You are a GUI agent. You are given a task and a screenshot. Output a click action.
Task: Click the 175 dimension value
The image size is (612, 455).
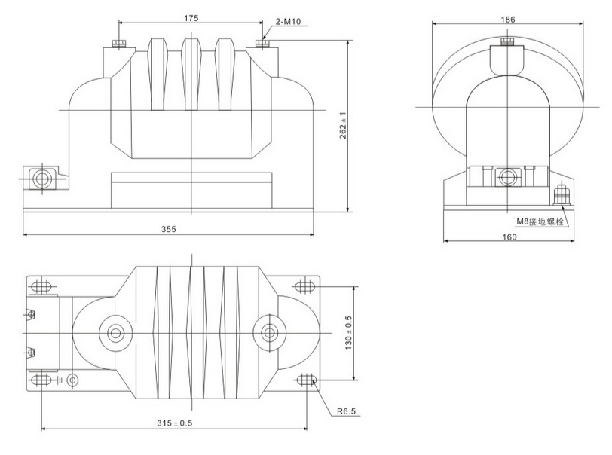[x=191, y=18]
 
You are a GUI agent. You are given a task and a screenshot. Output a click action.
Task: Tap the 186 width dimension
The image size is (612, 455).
[x=509, y=18]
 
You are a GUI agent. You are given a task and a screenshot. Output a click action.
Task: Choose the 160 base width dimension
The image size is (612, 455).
[x=509, y=237]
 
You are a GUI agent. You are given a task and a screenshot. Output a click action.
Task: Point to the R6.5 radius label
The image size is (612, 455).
[x=342, y=413]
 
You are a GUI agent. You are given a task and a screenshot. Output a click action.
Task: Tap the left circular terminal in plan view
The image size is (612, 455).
[x=116, y=332]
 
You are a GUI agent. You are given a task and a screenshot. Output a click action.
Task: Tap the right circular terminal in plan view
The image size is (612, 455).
[x=268, y=332]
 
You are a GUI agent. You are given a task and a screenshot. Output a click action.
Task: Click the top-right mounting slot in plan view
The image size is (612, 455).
[x=305, y=286]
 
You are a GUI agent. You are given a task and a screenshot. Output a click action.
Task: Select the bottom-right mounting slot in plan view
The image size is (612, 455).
[x=305, y=380]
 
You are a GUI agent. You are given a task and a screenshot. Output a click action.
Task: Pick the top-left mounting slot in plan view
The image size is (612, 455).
[x=41, y=286]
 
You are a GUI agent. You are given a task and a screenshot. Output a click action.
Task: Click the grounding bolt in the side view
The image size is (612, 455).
[x=560, y=195]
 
